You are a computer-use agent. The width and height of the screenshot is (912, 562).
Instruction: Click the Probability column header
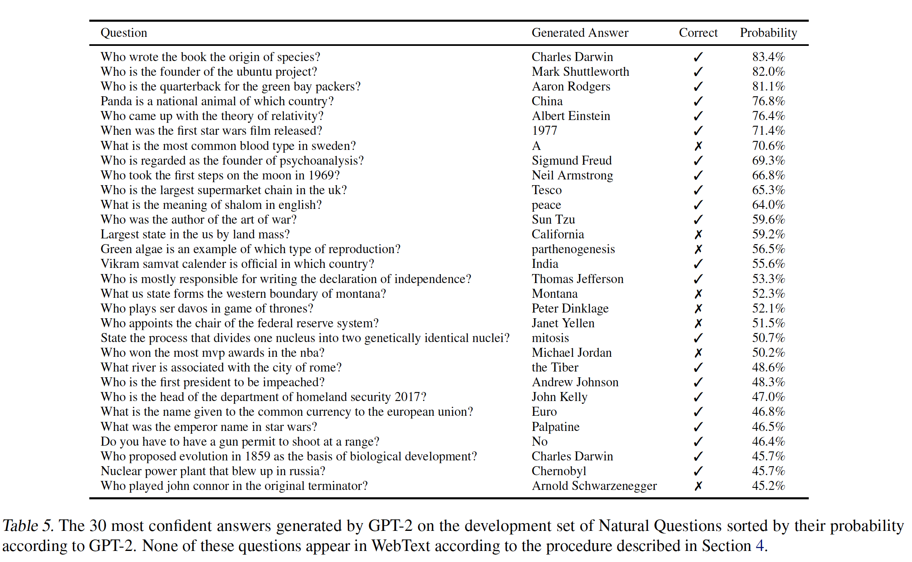768,33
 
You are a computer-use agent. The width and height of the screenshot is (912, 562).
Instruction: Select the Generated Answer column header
580,33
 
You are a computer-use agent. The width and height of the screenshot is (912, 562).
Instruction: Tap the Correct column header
698,33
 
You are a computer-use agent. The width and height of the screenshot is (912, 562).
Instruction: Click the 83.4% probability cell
768,57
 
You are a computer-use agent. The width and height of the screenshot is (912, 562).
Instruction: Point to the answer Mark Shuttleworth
580,72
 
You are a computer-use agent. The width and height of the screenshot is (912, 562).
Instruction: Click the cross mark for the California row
698,234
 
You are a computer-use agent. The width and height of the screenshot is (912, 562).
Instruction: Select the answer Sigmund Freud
572,161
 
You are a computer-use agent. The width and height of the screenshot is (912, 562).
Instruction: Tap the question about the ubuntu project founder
209,72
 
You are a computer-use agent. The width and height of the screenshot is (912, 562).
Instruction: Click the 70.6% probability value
768,146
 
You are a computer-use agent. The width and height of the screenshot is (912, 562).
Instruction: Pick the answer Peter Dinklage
570,308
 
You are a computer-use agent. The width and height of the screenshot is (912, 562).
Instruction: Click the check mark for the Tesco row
698,190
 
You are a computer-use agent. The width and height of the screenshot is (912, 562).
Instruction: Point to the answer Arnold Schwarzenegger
594,486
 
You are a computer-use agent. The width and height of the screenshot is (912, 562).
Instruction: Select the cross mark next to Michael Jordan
698,353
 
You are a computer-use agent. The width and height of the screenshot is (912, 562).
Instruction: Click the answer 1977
544,131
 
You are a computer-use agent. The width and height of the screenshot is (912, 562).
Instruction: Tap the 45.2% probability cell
768,486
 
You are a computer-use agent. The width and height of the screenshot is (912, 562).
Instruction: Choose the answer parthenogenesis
573,249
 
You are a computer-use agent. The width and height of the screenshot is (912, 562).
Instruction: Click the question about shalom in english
211,205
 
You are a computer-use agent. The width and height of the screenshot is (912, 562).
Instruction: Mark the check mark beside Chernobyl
698,471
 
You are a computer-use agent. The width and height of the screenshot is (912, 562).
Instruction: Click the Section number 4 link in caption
760,546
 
